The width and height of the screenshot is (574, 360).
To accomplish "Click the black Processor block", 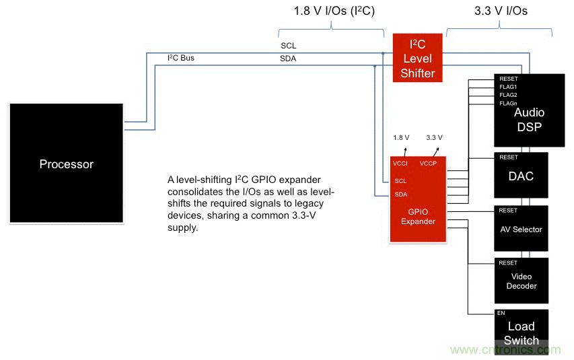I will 66,163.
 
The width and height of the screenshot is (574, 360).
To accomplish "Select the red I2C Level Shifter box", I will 417,59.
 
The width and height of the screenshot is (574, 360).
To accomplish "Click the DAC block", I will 521,176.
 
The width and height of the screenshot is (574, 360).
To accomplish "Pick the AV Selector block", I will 521,229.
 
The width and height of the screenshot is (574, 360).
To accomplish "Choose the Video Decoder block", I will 521,281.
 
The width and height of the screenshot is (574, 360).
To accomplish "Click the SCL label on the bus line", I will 288,46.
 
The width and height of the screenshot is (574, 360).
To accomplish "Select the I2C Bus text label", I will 181,58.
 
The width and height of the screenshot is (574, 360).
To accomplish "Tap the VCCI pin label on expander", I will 401,163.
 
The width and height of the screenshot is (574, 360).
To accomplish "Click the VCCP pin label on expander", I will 428,163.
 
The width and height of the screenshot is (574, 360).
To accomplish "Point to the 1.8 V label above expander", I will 402,137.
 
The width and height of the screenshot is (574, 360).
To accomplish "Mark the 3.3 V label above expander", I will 434,137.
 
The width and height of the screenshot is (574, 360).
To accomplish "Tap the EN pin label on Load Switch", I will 501,314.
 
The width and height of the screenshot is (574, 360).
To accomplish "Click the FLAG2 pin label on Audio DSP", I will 508,95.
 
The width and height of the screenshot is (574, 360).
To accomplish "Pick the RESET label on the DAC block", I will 508,157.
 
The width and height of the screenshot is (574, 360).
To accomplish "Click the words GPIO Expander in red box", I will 418,216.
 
